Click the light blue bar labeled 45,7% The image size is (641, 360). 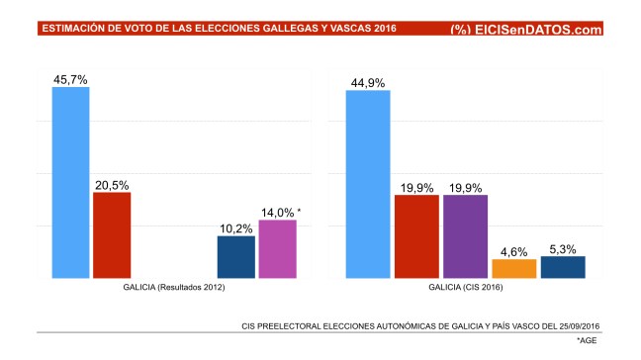point(70,183)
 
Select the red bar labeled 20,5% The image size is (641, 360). point(112,235)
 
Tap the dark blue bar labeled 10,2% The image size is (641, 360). point(236,257)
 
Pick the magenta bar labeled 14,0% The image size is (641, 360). point(278,249)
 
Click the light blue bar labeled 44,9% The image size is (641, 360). point(368,185)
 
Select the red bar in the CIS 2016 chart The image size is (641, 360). point(416,237)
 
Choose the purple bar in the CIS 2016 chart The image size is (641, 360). point(465,237)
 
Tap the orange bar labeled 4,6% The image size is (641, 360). point(513,268)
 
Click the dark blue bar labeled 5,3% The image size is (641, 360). point(563,267)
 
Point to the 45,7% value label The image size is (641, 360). point(70,78)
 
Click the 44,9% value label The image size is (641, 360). point(368,82)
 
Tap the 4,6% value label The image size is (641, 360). point(513,251)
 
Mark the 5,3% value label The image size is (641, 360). point(563,248)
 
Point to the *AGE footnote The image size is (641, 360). point(588,340)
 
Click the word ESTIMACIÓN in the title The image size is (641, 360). point(74,30)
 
